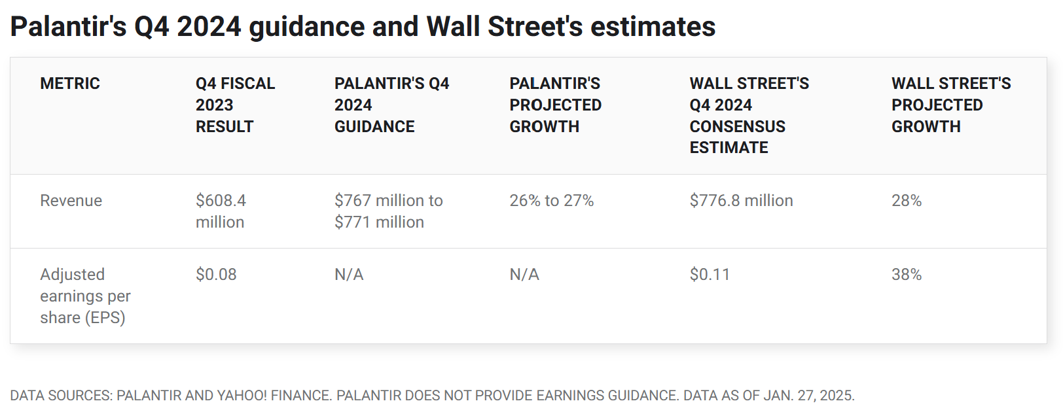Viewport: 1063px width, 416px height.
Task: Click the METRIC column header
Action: (70, 84)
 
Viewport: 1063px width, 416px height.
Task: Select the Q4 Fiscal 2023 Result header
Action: (235, 105)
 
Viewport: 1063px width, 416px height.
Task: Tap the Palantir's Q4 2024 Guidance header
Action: (391, 105)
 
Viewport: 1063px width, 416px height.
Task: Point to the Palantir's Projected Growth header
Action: (555, 105)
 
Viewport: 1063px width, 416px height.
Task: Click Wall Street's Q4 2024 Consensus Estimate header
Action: (749, 115)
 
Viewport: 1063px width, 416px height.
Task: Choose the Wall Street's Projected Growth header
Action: (950, 105)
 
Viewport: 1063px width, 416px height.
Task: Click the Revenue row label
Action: (71, 201)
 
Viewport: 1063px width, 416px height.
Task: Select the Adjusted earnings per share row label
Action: (85, 296)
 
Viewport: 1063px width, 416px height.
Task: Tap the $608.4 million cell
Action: (221, 211)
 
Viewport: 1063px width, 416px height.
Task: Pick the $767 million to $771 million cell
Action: (388, 211)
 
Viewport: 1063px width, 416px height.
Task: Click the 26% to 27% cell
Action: (551, 201)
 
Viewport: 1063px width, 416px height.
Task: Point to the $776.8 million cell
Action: (741, 201)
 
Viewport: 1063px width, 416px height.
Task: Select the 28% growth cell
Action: (906, 201)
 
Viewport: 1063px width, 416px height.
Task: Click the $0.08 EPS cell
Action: (216, 275)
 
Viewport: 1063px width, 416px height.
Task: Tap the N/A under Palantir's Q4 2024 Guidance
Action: (349, 275)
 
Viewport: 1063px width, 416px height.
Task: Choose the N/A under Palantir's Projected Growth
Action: (524, 275)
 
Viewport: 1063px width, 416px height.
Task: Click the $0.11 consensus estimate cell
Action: (710, 275)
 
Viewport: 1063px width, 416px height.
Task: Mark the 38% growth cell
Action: (906, 275)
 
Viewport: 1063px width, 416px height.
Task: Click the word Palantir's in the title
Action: (68, 27)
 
